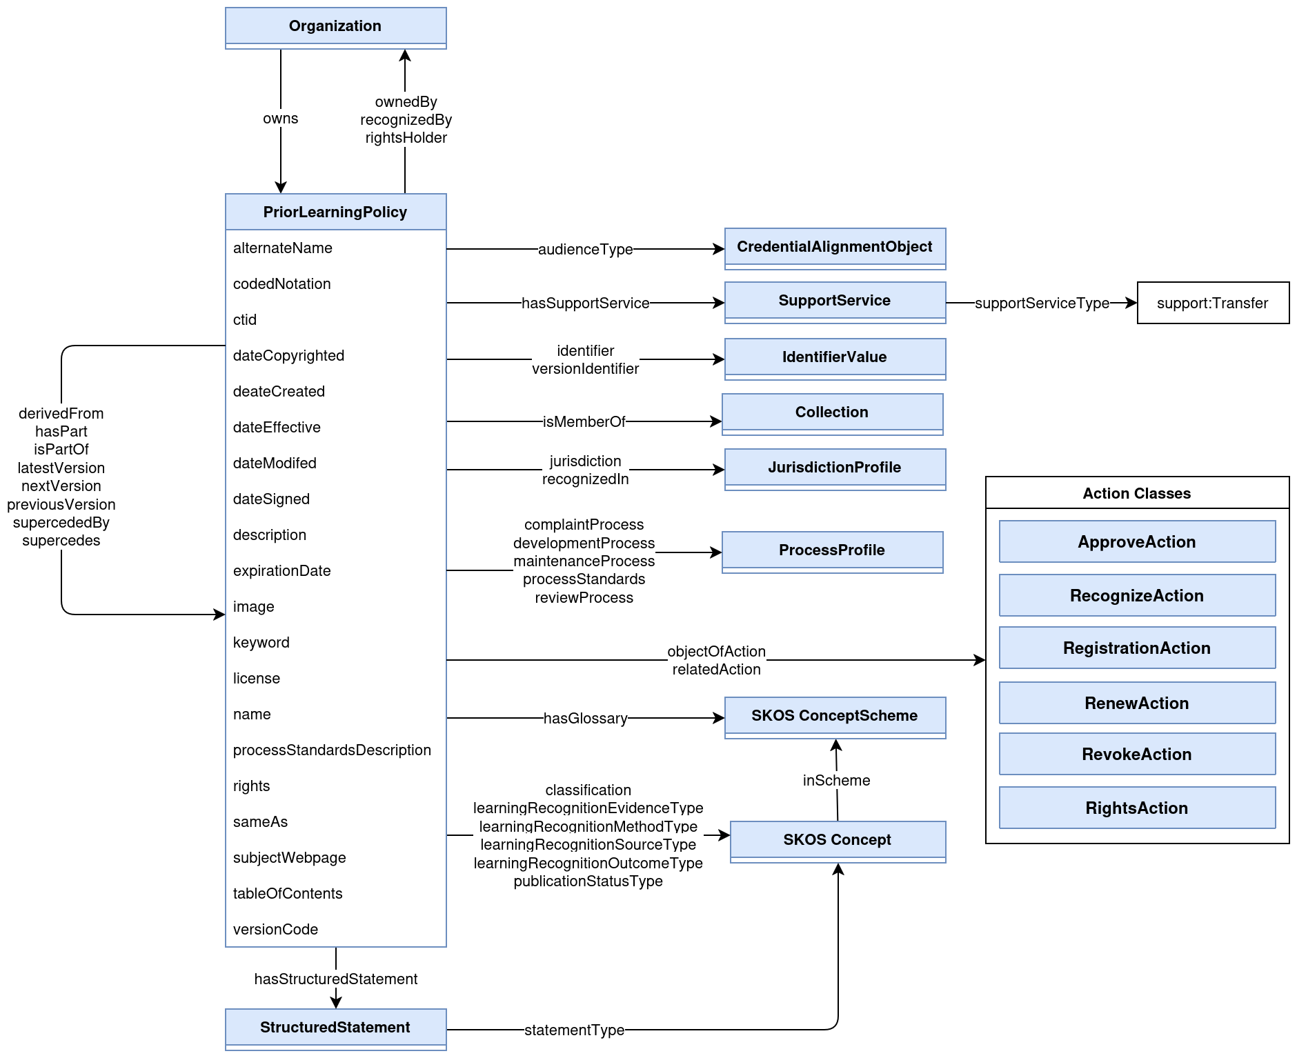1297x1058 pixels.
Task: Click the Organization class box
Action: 335,27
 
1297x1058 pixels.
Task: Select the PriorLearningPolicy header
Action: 335,212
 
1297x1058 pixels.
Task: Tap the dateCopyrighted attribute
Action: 288,356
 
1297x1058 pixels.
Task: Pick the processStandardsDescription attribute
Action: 332,750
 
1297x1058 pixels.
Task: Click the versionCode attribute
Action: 275,930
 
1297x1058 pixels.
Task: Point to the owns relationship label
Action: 280,119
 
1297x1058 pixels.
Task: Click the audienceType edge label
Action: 585,250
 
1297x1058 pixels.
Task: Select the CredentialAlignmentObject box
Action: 834,248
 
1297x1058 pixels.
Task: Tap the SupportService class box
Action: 834,301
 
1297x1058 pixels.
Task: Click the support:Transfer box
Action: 1212,303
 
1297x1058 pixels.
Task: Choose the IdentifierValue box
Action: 834,358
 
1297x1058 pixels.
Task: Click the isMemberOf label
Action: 584,422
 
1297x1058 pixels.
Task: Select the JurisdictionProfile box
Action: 834,468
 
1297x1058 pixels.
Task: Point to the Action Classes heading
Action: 1136,493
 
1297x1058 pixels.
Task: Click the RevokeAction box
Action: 1136,754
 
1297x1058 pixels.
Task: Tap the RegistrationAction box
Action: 1136,648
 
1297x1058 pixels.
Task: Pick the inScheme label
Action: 836,781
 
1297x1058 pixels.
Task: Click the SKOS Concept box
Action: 837,841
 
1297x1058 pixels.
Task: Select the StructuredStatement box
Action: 335,1028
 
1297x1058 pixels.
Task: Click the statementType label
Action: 574,1030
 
